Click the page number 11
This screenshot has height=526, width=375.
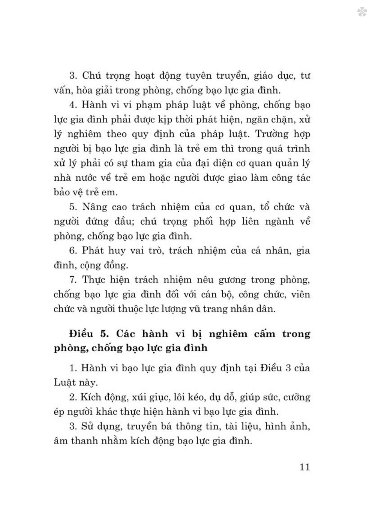click(304, 467)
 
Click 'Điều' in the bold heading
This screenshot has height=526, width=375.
click(81, 333)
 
